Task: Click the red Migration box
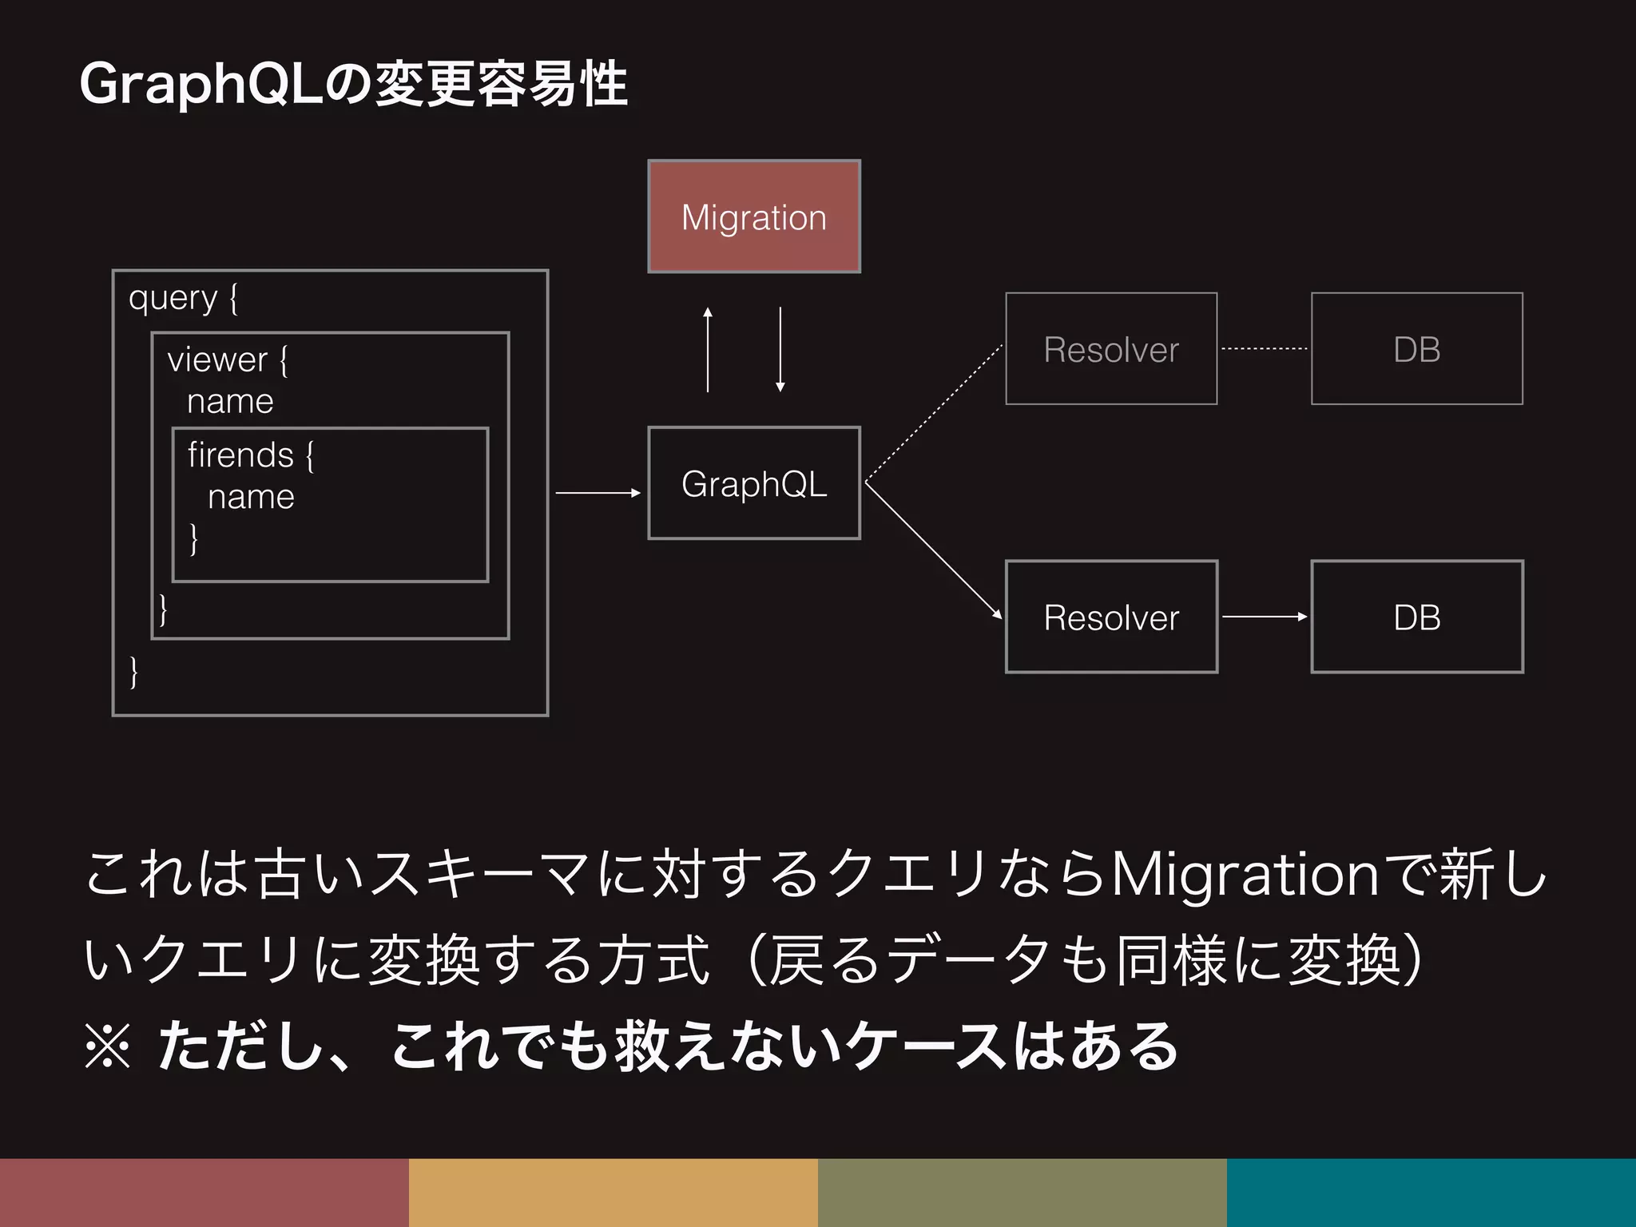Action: pyautogui.click(x=753, y=216)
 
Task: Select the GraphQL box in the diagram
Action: pyautogui.click(x=753, y=483)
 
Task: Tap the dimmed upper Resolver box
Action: pyautogui.click(x=1110, y=349)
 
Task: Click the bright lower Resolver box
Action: pyautogui.click(x=1110, y=617)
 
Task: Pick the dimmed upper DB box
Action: pyautogui.click(x=1416, y=349)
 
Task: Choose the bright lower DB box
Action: pyautogui.click(x=1416, y=617)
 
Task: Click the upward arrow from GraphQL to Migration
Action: pyautogui.click(x=708, y=350)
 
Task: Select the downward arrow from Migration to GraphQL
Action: pyautogui.click(x=780, y=350)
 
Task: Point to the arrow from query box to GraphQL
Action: pyautogui.click(x=598, y=493)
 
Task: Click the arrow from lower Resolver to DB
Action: pyautogui.click(x=1264, y=617)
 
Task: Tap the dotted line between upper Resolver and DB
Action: pyautogui.click(x=1264, y=349)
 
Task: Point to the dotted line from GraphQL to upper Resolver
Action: pyautogui.click(x=933, y=414)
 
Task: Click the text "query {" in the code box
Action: pyautogui.click(x=183, y=299)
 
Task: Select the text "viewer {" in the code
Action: pyautogui.click(x=228, y=360)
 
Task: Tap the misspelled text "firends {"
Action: pyautogui.click(x=251, y=455)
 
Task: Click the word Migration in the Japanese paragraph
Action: pyautogui.click(x=1245, y=875)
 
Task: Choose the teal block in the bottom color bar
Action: pyautogui.click(x=1431, y=1192)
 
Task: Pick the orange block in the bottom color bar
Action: pyautogui.click(x=613, y=1192)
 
